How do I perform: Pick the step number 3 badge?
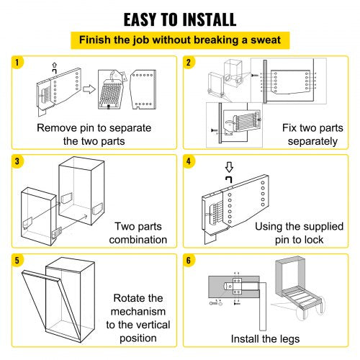coord(17,159)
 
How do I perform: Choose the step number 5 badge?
coord(17,258)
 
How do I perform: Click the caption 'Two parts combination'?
coord(136,233)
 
